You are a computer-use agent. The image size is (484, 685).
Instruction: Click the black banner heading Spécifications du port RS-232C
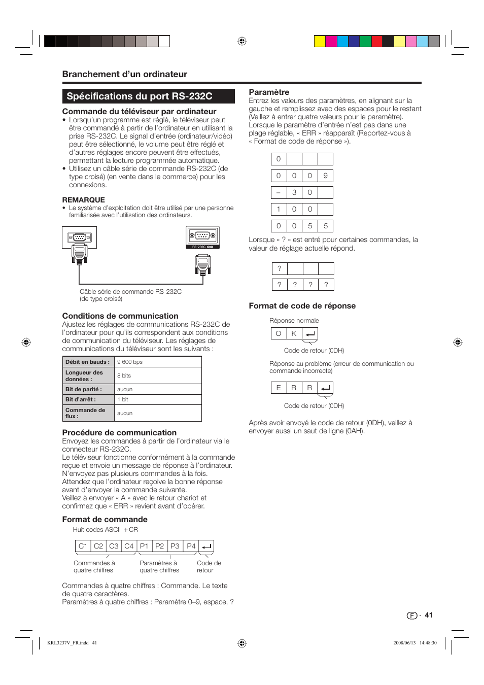click(x=148, y=96)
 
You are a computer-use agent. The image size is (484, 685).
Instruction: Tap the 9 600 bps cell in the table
click(x=158, y=362)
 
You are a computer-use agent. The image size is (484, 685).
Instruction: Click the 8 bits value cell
click(x=158, y=375)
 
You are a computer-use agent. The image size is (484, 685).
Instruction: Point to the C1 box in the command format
click(x=83, y=546)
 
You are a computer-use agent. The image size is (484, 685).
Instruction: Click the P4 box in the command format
click(x=191, y=546)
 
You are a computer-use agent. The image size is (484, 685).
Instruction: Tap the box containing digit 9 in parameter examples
click(x=326, y=176)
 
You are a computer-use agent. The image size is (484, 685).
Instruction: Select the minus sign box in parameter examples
click(x=279, y=192)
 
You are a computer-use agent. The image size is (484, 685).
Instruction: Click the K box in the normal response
click(x=294, y=333)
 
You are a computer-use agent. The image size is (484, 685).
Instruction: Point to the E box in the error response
click(x=279, y=388)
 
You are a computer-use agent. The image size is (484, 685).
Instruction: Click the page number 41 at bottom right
click(x=429, y=615)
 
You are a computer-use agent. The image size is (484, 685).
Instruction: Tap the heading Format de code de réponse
click(x=302, y=306)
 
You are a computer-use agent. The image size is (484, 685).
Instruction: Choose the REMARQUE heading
click(x=83, y=200)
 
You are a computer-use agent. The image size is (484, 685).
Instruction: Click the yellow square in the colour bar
click(x=320, y=41)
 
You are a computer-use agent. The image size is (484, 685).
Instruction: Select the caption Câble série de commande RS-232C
click(x=130, y=292)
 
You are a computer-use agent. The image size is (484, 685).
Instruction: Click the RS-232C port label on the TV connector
click(x=202, y=247)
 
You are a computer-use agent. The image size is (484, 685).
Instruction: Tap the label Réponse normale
click(x=294, y=321)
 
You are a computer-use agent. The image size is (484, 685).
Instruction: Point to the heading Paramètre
click(x=269, y=92)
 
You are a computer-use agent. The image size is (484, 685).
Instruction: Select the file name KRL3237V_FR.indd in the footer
click(x=68, y=643)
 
